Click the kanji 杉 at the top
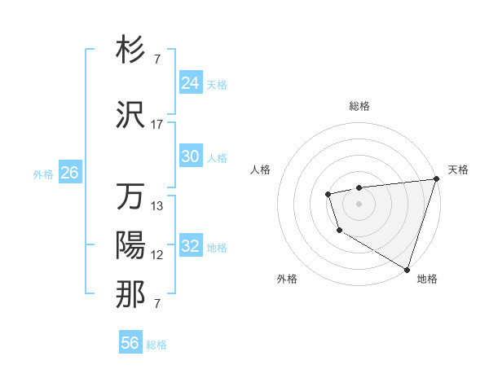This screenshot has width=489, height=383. point(131,50)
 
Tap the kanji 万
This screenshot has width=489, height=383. point(131,197)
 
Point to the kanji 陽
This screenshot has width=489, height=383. point(131,245)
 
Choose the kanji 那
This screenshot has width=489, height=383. point(131,295)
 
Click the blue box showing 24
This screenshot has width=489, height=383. point(190,83)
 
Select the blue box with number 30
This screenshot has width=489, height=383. point(190,156)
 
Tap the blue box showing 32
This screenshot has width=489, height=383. point(190,246)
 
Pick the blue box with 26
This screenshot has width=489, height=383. point(69,173)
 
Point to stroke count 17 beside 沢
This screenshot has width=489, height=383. point(157,125)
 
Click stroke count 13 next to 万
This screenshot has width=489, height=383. point(157,206)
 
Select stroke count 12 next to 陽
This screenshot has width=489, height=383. point(157,255)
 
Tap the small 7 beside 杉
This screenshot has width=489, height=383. point(156,59)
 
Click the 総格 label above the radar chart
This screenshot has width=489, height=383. point(359,106)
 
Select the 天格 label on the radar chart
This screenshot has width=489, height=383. point(458,169)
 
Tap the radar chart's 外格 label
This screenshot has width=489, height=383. point(287,279)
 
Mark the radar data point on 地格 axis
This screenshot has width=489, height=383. point(407,268)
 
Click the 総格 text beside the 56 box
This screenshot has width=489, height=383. point(156,345)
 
